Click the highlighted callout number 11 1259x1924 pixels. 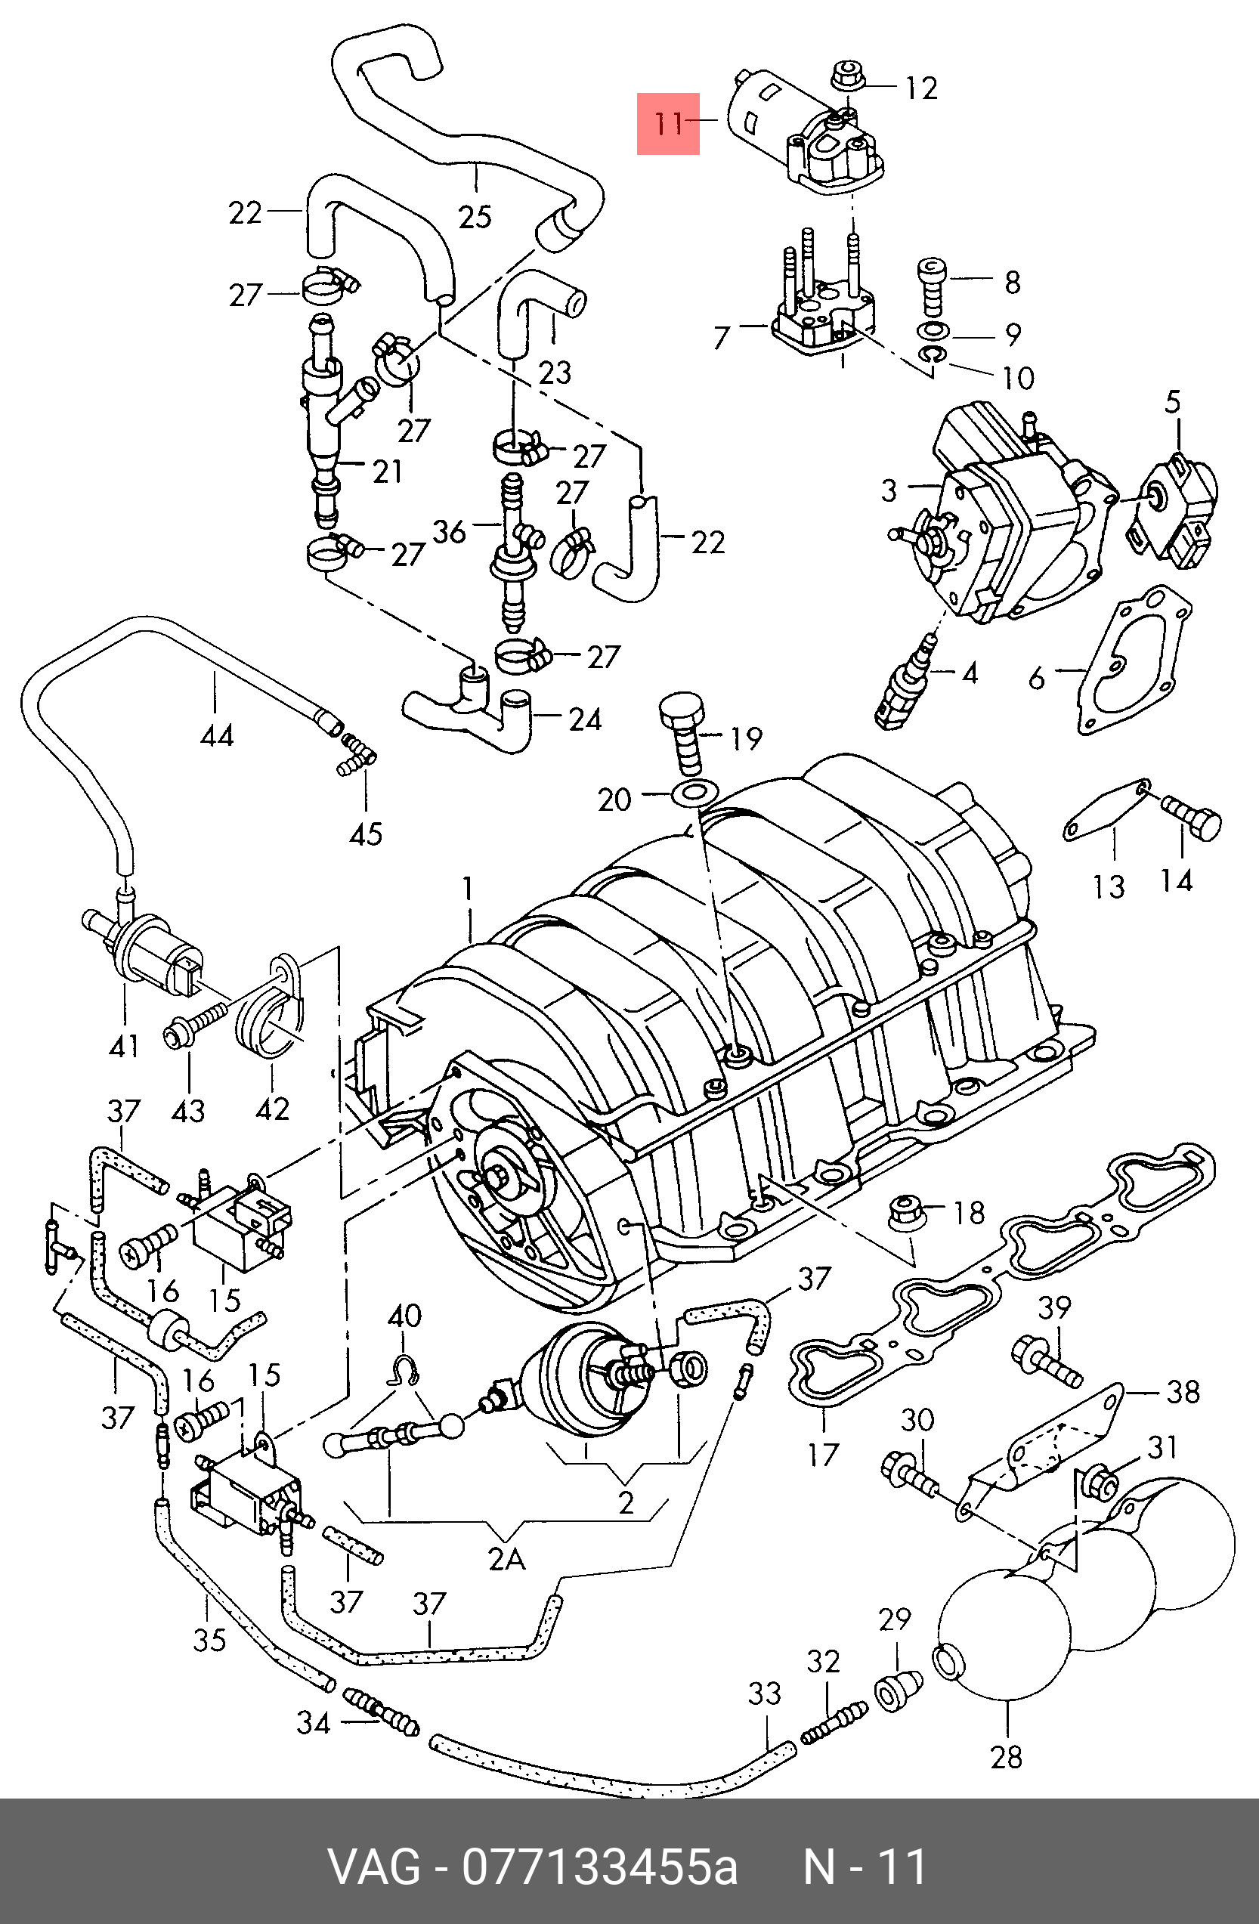(x=669, y=124)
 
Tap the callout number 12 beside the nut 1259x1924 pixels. (x=921, y=88)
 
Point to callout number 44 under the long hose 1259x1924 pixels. (x=217, y=735)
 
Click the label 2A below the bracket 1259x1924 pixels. (x=507, y=1557)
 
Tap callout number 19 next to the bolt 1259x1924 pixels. (x=747, y=738)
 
